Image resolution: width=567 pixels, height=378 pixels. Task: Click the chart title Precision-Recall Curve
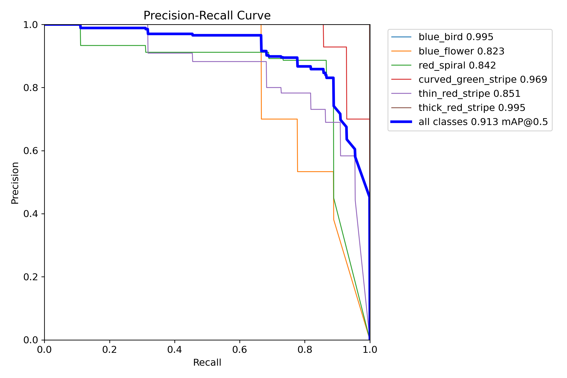pyautogui.click(x=207, y=16)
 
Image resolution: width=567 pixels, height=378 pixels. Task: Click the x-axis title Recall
pyautogui.click(x=207, y=362)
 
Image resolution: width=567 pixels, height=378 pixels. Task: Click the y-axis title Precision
pyautogui.click(x=15, y=183)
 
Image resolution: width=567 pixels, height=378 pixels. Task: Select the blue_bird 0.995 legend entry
pyautogui.click(x=456, y=37)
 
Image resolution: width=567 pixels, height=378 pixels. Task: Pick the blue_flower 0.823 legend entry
pyautogui.click(x=461, y=51)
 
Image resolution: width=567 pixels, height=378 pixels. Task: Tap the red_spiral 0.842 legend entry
pyautogui.click(x=457, y=65)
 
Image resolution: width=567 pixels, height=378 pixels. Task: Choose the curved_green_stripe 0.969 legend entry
pyautogui.click(x=483, y=79)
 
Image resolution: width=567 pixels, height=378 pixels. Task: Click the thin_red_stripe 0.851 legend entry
pyautogui.click(x=469, y=93)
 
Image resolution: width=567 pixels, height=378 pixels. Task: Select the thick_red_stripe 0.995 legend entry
pyautogui.click(x=471, y=108)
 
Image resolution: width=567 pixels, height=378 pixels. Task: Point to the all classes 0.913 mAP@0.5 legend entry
pyautogui.click(x=483, y=122)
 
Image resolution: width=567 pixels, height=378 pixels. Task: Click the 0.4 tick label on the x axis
pyautogui.click(x=174, y=350)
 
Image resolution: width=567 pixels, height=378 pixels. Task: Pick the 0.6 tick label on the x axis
pyautogui.click(x=240, y=350)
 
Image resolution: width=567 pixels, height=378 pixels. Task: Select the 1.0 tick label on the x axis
pyautogui.click(x=370, y=350)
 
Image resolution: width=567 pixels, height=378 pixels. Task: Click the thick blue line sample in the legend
pyautogui.click(x=401, y=122)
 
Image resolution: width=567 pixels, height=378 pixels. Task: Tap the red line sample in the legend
pyautogui.click(x=401, y=79)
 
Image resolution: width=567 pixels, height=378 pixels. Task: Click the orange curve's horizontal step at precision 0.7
pyautogui.click(x=279, y=119)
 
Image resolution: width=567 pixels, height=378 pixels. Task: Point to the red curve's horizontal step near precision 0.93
pyautogui.click(x=335, y=47)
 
